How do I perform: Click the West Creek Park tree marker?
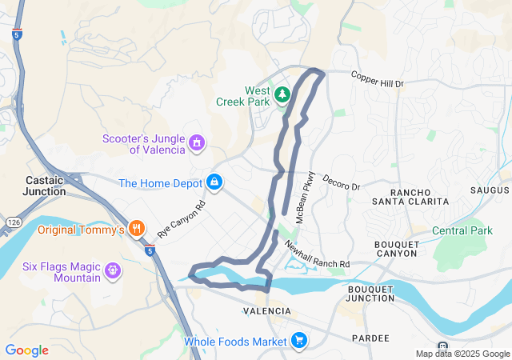click(x=282, y=96)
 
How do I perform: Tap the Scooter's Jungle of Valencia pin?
click(x=196, y=143)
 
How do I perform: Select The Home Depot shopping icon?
click(x=214, y=183)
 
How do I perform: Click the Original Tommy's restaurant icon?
click(x=137, y=230)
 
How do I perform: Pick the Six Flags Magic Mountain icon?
click(x=113, y=270)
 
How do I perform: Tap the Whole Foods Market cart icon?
click(x=299, y=342)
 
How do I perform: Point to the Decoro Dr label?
click(x=342, y=182)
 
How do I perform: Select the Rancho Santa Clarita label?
click(x=418, y=197)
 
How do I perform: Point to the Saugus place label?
click(x=490, y=190)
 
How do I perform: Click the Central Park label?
click(x=462, y=231)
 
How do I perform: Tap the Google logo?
click(x=26, y=350)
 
